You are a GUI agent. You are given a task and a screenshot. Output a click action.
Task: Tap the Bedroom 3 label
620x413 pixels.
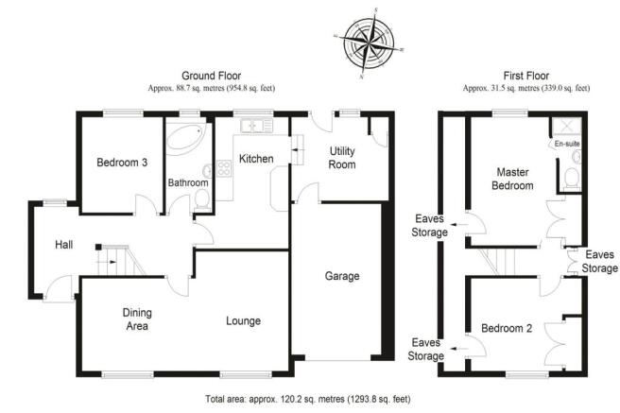tap(122, 162)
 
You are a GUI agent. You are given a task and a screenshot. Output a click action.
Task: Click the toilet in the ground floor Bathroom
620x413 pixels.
tap(202, 198)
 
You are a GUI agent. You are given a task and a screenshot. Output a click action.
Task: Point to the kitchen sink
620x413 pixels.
tap(256, 126)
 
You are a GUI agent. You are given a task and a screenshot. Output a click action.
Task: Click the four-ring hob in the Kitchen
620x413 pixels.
tap(224, 169)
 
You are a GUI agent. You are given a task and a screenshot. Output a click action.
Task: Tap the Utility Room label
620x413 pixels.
tap(342, 157)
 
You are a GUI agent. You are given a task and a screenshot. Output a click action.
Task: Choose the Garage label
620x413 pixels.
tap(342, 276)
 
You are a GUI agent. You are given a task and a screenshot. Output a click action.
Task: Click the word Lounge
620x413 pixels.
tap(243, 320)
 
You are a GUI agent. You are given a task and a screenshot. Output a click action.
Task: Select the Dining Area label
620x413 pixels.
tap(137, 319)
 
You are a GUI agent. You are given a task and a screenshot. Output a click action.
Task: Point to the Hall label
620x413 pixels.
tap(63, 245)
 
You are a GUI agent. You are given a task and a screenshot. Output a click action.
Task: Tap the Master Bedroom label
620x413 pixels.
tap(512, 179)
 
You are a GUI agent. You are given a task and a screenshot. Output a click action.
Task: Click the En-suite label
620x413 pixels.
tap(567, 144)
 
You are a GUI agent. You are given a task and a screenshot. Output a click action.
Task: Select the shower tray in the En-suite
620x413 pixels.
tap(567, 126)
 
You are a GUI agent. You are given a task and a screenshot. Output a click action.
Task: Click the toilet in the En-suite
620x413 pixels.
tap(572, 178)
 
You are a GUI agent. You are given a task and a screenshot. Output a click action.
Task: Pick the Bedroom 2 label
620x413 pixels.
tap(507, 328)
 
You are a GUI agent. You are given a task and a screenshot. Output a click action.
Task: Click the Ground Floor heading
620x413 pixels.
tap(211, 76)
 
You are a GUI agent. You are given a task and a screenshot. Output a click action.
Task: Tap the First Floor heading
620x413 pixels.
tap(526, 76)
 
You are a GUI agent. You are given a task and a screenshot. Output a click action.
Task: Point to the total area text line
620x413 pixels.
tap(307, 399)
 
